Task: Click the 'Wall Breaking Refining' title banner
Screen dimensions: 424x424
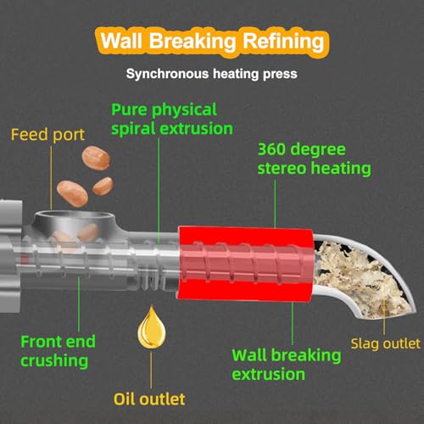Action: (x=212, y=42)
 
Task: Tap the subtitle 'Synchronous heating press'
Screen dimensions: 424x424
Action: (x=212, y=74)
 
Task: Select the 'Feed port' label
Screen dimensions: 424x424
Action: (x=47, y=135)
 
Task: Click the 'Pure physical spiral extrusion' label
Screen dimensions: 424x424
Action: (x=172, y=120)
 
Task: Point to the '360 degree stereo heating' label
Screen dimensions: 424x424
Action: (x=314, y=159)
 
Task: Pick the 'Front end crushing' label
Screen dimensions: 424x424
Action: (x=58, y=351)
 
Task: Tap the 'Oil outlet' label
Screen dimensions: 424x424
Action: (x=149, y=399)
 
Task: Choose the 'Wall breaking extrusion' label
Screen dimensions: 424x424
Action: (x=287, y=365)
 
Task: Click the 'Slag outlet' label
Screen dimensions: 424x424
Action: (x=385, y=344)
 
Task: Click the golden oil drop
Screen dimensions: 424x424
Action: (x=152, y=327)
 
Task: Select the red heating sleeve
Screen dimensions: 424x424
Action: (x=246, y=264)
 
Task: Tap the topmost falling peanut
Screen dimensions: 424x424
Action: (x=96, y=158)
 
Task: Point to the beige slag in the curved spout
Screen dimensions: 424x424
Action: (x=362, y=280)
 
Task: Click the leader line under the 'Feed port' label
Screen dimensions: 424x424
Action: (x=51, y=177)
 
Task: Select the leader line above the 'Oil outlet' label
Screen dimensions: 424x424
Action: (x=151, y=371)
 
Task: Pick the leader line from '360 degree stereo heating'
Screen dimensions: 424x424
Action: (x=275, y=204)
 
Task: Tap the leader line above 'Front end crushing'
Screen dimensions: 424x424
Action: (x=79, y=304)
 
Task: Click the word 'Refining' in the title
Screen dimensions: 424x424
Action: (x=283, y=42)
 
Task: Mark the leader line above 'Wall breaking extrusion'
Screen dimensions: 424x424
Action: (x=293, y=323)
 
